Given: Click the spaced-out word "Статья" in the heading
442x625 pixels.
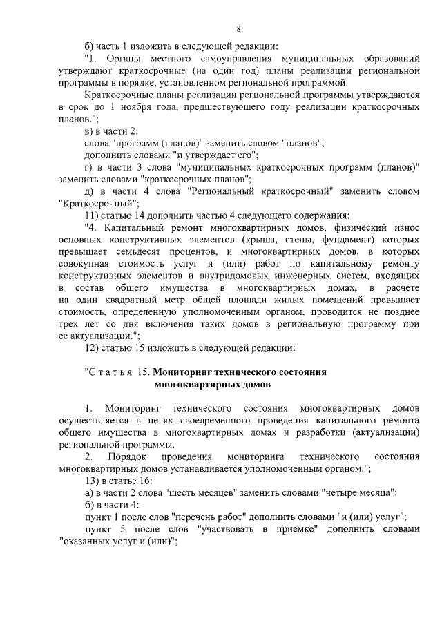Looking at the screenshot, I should [111, 372].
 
